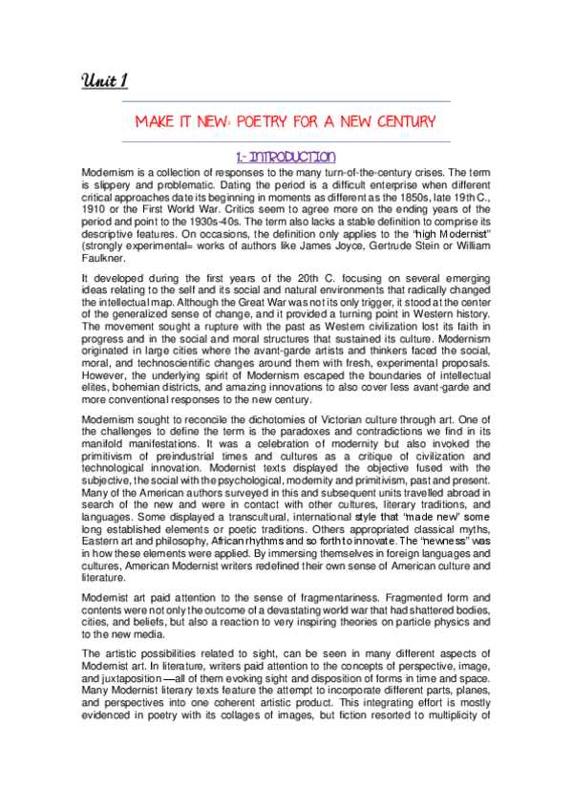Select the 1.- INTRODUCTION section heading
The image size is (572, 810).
coord(285,156)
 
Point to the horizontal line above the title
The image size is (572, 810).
coord(285,101)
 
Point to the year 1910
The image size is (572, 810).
coord(97,205)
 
